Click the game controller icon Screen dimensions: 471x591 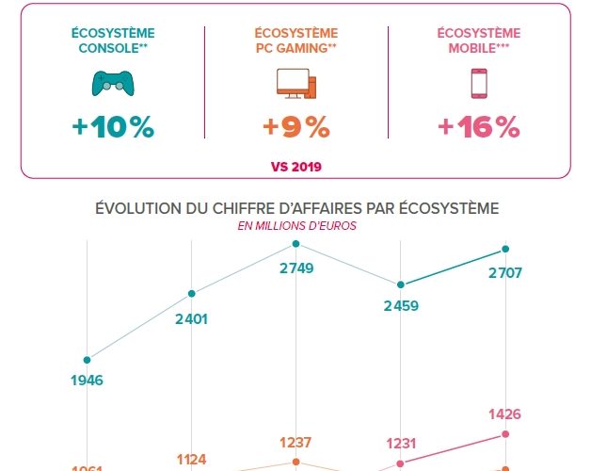(112, 84)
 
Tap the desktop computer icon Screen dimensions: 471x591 (296, 84)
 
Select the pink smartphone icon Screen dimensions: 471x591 (480, 84)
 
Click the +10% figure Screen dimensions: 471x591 (112, 128)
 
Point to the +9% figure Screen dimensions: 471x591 (296, 128)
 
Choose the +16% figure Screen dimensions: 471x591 (479, 128)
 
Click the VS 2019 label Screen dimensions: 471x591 (295, 167)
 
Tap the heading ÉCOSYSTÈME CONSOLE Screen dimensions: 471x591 (111, 41)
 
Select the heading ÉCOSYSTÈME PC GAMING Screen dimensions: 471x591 (295, 41)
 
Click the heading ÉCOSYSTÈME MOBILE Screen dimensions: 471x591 (479, 41)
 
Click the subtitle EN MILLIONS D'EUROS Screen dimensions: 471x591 (296, 226)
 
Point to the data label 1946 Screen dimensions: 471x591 (87, 381)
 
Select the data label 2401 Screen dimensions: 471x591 (191, 318)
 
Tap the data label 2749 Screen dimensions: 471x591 (296, 268)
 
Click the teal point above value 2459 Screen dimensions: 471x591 (402, 284)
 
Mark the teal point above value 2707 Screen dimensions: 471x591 (506, 249)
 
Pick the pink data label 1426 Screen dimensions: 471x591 (504, 414)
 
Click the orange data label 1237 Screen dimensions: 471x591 (296, 443)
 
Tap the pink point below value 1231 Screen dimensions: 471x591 (402, 463)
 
